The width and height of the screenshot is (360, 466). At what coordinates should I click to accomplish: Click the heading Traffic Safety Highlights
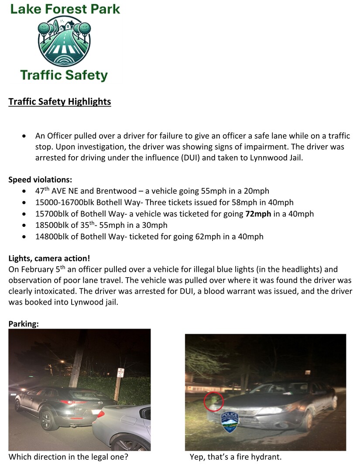click(60, 102)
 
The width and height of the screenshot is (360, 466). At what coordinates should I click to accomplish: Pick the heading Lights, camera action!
click(49, 258)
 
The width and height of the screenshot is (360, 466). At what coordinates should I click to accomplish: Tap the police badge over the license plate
click(230, 421)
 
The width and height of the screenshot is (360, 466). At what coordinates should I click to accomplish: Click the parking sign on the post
click(120, 373)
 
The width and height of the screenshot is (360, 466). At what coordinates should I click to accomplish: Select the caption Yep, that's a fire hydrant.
click(236, 457)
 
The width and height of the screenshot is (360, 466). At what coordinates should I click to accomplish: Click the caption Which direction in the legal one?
click(69, 457)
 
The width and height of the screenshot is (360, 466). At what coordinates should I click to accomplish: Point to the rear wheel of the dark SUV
click(47, 420)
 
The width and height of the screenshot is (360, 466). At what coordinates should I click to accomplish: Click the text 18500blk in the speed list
click(51, 225)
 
